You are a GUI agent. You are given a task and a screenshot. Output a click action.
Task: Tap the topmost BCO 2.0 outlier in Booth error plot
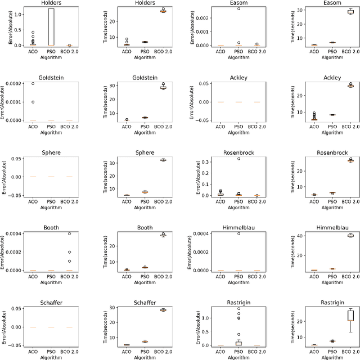click(x=70, y=233)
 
